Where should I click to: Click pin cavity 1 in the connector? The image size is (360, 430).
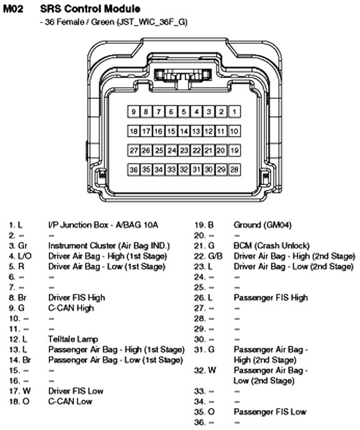click(x=234, y=112)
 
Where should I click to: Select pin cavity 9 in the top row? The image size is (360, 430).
click(x=134, y=112)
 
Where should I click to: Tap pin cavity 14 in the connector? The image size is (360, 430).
click(x=184, y=131)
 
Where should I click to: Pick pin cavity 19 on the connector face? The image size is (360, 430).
click(x=234, y=150)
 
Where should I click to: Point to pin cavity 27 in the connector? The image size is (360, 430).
click(x=134, y=150)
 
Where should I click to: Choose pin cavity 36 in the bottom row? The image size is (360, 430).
click(x=134, y=170)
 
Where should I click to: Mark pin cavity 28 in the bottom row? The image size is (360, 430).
click(x=234, y=170)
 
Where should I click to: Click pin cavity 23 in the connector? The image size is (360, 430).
click(x=184, y=150)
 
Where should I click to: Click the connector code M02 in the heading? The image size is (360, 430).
click(x=13, y=9)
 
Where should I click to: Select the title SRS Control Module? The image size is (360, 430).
click(x=90, y=9)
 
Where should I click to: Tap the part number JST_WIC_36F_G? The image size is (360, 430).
click(x=152, y=22)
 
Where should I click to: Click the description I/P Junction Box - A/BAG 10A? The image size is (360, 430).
click(x=103, y=225)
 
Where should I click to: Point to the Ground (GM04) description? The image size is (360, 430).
click(x=262, y=225)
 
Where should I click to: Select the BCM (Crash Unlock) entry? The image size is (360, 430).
click(x=271, y=246)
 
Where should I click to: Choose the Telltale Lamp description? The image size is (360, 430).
click(x=73, y=339)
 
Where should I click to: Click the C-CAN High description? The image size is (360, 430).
click(x=71, y=308)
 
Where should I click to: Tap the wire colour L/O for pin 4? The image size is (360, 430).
click(x=24, y=256)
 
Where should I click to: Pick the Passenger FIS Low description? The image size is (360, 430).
click(x=270, y=412)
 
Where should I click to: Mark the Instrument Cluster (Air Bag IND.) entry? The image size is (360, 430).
click(x=109, y=246)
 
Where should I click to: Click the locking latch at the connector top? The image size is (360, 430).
click(x=183, y=75)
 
